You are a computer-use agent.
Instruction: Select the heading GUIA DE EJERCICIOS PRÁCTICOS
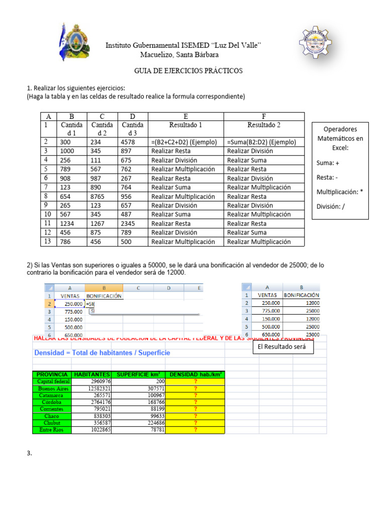188,71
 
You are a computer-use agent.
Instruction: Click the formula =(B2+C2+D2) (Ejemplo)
185,142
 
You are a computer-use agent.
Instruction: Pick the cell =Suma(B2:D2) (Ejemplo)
261,142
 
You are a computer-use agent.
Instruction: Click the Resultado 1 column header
185,124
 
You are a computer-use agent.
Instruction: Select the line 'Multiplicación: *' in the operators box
340,192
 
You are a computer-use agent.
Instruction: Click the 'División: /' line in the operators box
331,206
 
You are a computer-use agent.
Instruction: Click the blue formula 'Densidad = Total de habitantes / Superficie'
102,353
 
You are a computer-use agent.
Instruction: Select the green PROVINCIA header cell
52,374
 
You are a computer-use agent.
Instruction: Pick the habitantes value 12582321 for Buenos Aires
92,389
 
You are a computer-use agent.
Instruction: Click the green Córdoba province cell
52,402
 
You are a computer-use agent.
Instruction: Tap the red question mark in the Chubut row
195,423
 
